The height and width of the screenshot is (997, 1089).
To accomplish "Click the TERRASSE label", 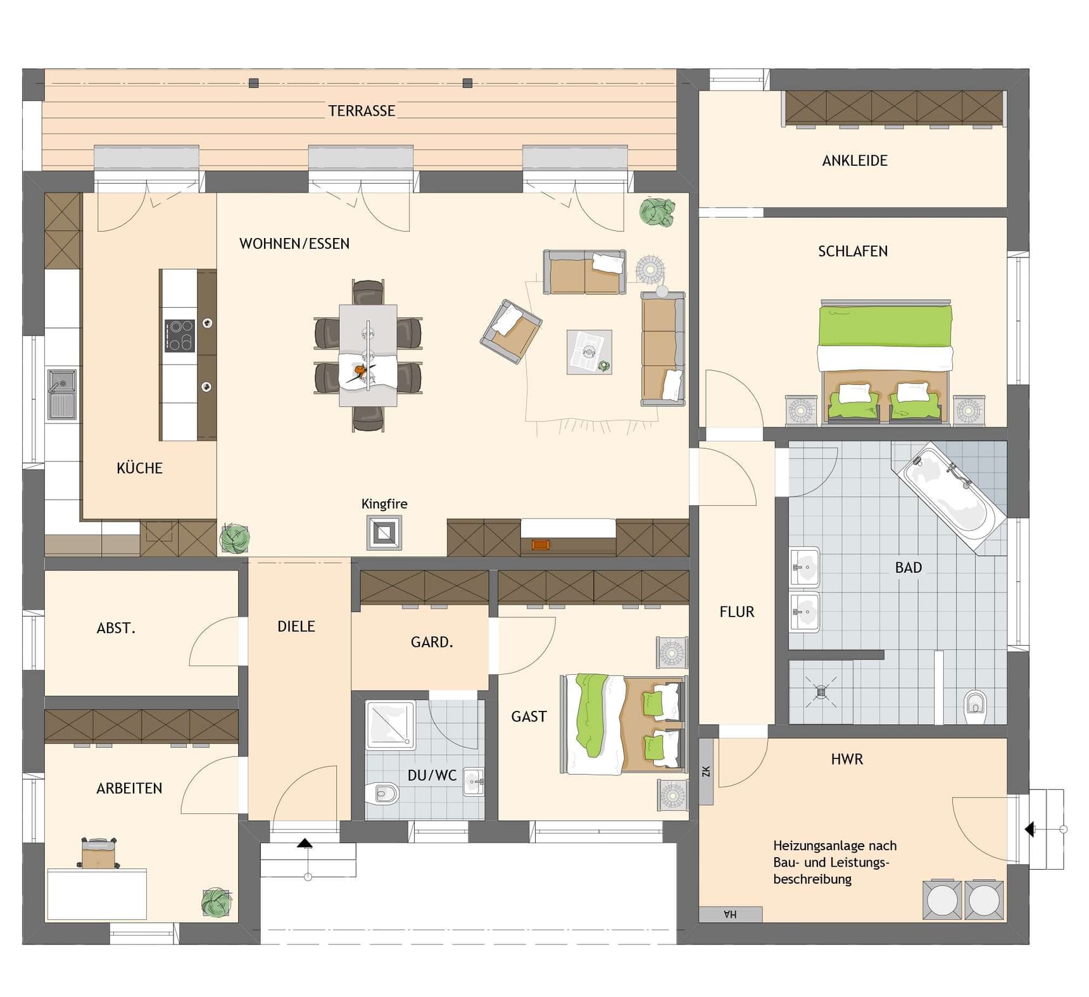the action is pos(362,111).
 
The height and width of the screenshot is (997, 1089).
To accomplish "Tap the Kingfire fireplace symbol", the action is pos(384,533).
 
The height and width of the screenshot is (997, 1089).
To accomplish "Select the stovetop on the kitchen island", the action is pos(180,335).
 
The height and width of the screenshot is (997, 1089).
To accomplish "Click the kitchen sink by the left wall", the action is pos(62,394).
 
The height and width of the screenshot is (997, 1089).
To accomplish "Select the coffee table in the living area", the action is pos(589,352).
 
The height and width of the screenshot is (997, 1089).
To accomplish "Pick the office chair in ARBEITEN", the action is pos(99,853).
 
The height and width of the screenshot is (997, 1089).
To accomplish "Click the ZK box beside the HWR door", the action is pos(706,771).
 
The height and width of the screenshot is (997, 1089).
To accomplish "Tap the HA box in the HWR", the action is pos(731,914).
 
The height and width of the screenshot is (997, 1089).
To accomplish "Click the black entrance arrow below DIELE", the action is pos(305,843).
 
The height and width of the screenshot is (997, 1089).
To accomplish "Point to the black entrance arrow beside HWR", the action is pos(1030,829).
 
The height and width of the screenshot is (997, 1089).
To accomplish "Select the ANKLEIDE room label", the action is pos(855,161).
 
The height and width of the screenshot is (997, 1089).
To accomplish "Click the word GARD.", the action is pos(432,642).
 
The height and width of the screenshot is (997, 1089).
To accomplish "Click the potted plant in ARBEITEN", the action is pos(216,903).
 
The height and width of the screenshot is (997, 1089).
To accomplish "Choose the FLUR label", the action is pos(737,611).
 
